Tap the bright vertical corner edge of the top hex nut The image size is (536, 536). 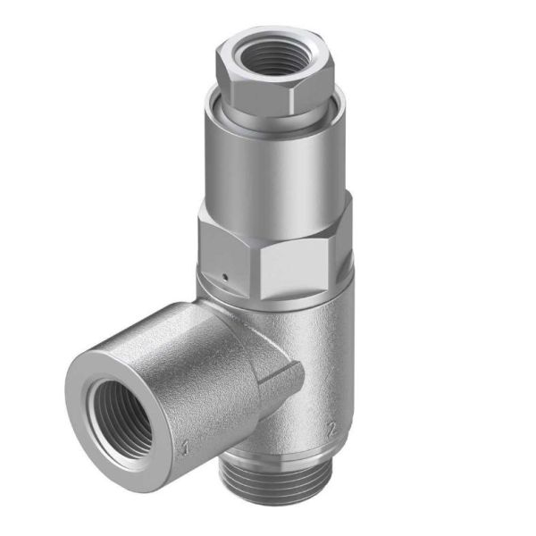(293, 94)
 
